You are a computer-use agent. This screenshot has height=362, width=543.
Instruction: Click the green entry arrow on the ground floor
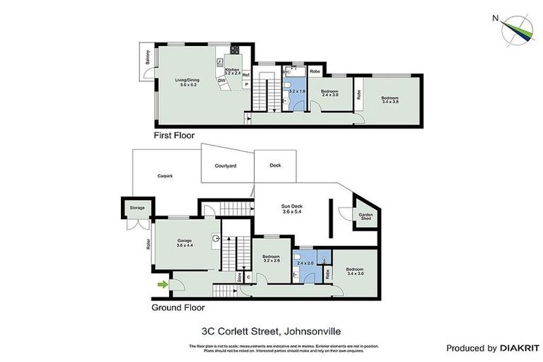pos(163,284)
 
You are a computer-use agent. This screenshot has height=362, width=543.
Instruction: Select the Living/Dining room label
pos(187,82)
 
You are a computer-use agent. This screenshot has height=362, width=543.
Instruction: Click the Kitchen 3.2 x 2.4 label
pos(233,71)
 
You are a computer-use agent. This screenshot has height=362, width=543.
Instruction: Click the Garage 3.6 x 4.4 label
pos(185,243)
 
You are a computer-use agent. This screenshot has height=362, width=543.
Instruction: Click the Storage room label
pos(136,208)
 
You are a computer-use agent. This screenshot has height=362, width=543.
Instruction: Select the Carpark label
pos(165,176)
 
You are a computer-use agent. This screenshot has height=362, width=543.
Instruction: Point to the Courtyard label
pos(225,165)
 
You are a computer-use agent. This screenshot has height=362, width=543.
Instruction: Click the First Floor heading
pos(174,134)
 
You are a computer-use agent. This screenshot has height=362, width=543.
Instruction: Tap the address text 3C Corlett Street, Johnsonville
pos(271,329)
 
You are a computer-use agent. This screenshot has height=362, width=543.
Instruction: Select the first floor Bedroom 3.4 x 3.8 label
pos(390,100)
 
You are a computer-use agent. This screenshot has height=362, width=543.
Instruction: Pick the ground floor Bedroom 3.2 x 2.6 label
pos(271,259)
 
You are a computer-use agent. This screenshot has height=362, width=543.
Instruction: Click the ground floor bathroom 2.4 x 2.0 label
pos(305,263)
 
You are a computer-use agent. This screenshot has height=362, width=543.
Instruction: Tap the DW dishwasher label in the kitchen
pos(221,80)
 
